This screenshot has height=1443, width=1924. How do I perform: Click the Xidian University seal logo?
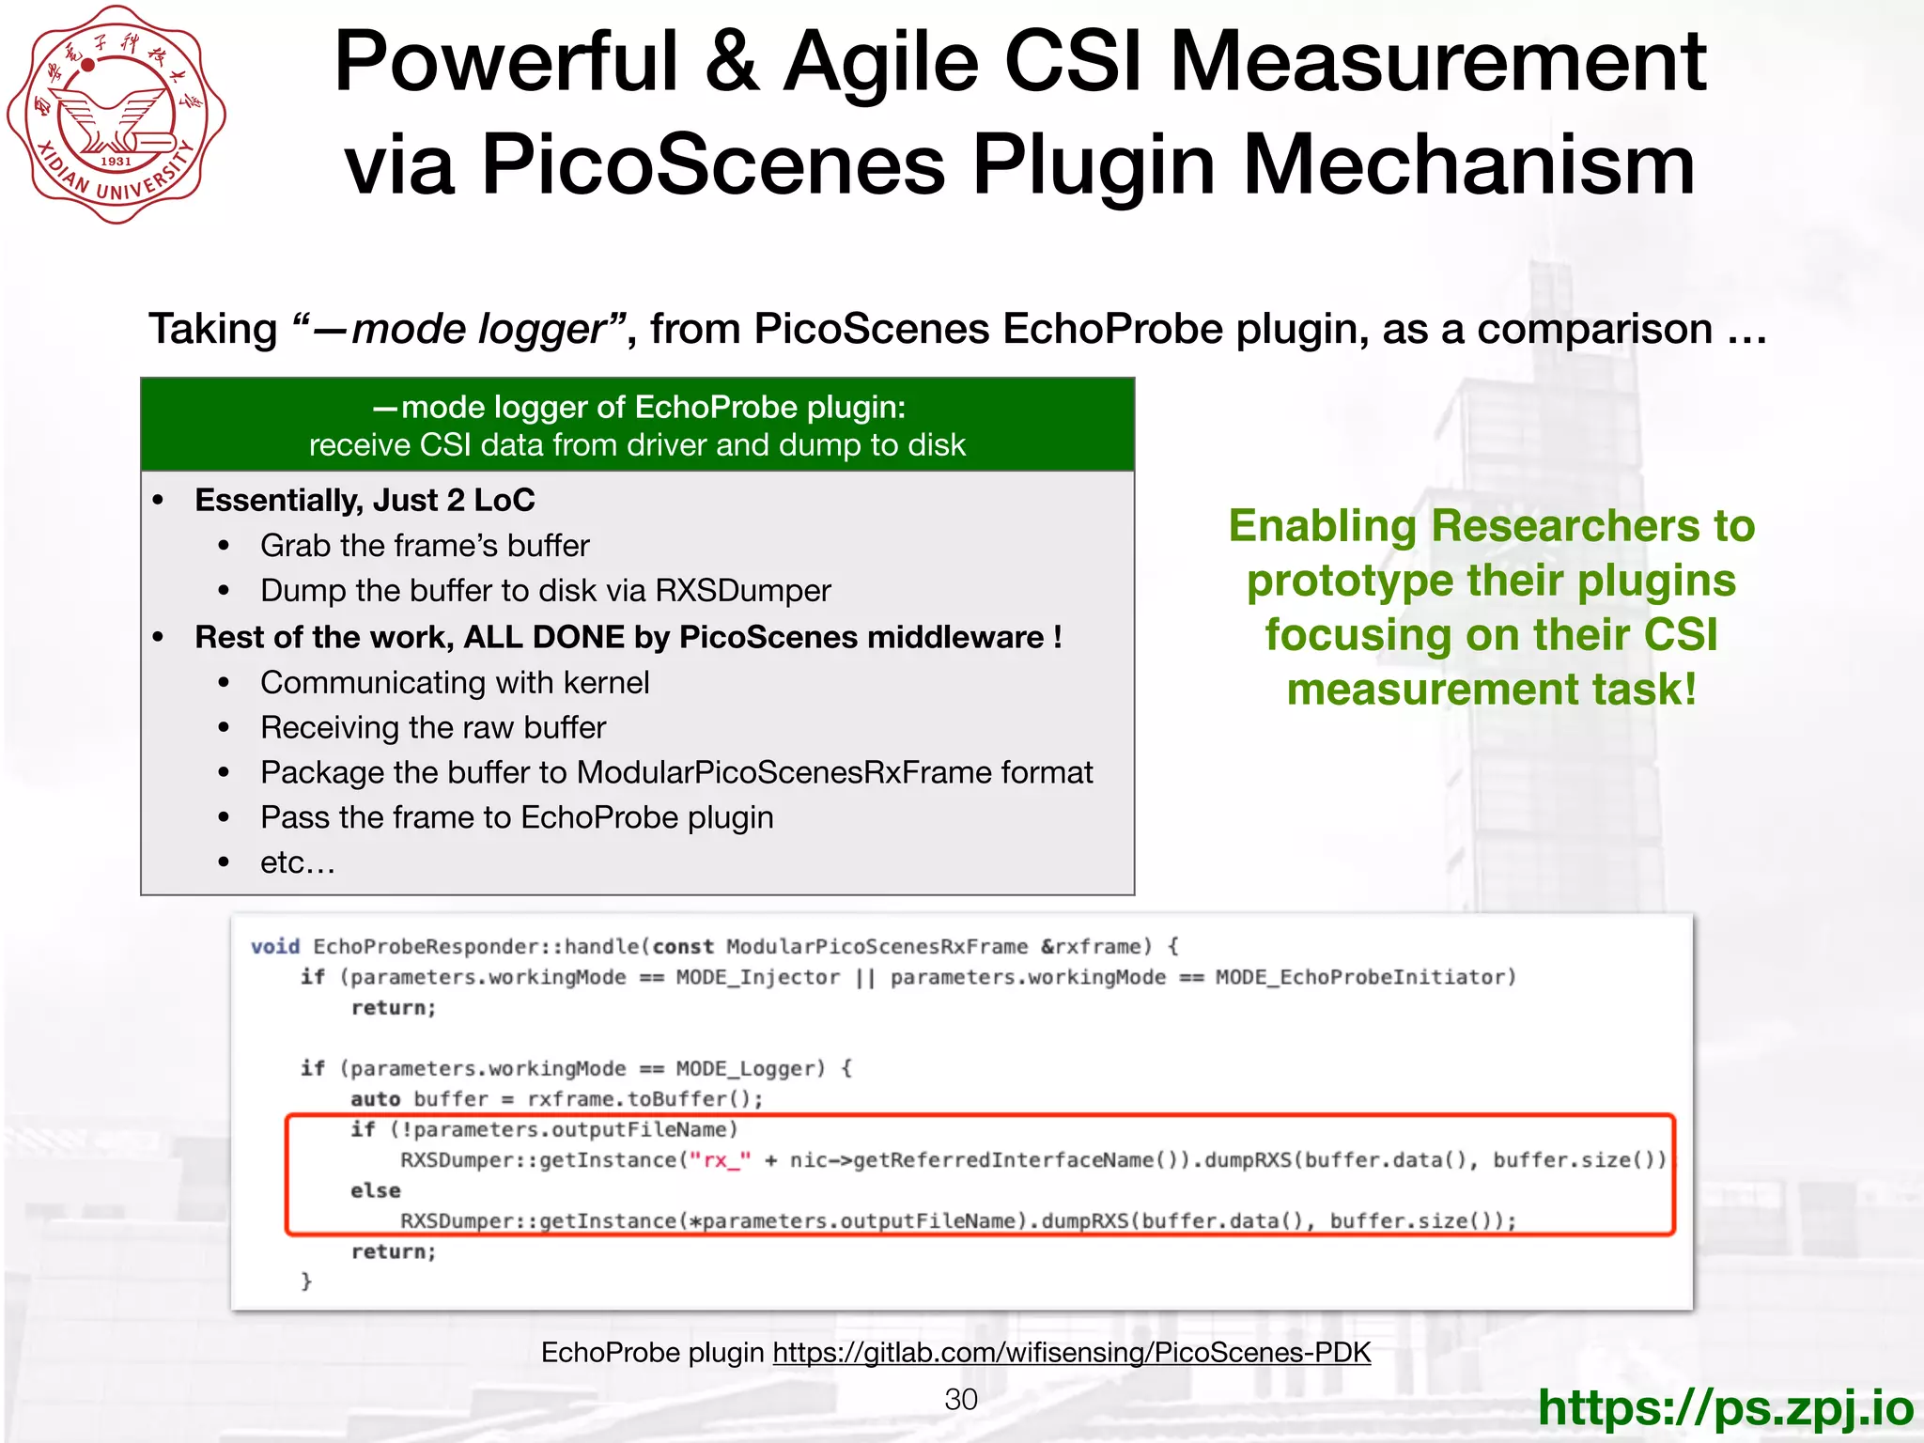[116, 115]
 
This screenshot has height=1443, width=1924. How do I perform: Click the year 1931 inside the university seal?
[116, 161]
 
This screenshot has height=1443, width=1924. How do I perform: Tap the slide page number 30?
[961, 1399]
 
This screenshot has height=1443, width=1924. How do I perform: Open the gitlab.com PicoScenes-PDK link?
[1071, 1352]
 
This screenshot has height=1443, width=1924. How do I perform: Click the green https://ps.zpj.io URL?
[1725, 1407]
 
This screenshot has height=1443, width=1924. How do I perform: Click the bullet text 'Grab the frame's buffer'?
[425, 545]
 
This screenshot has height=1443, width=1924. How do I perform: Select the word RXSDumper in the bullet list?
[742, 590]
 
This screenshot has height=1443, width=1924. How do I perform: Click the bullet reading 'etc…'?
[297, 862]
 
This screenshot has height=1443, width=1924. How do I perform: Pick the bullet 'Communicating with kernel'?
[455, 682]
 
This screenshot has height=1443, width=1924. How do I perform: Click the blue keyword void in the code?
[275, 946]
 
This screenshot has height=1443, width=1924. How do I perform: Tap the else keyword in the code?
[376, 1190]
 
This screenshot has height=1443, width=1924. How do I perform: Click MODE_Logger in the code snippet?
[750, 1068]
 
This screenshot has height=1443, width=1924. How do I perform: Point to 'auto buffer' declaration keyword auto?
[376, 1099]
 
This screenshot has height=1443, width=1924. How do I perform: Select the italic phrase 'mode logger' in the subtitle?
[478, 329]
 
